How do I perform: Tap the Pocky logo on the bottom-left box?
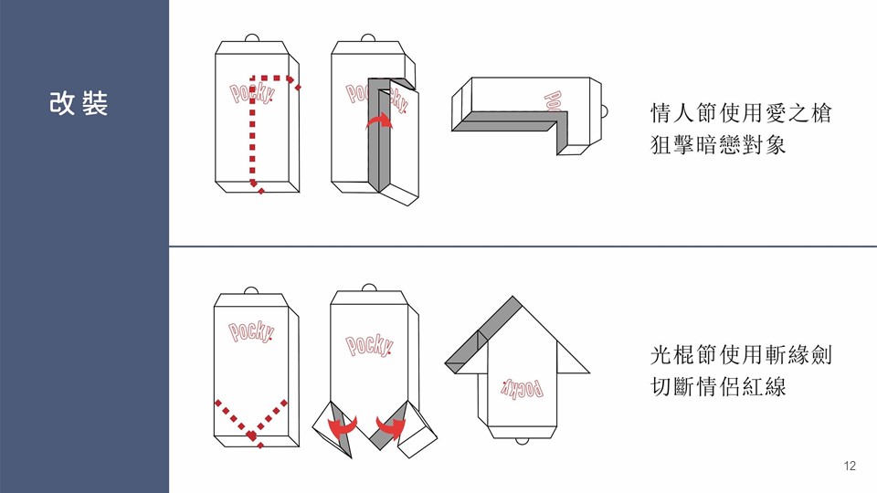250,331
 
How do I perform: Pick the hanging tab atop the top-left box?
252,39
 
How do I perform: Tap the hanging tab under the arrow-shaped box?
521,442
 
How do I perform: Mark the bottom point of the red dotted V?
253,435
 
